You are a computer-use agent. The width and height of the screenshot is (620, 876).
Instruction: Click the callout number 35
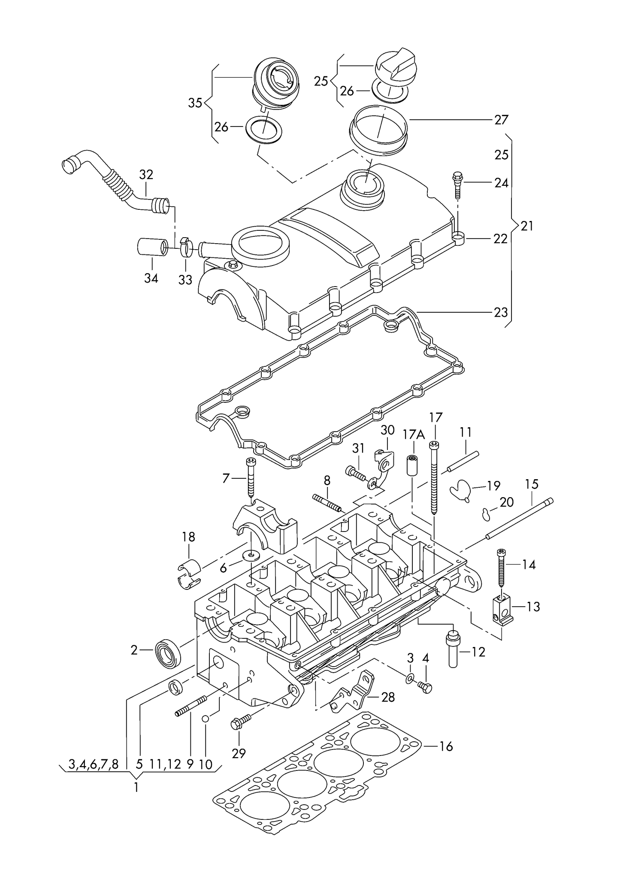[195, 103]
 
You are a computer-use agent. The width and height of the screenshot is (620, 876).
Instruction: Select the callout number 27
[501, 120]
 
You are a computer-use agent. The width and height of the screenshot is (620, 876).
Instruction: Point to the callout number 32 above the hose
[146, 175]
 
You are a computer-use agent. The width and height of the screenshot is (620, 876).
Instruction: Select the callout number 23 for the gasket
[501, 312]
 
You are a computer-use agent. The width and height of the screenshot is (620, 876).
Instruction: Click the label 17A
[414, 435]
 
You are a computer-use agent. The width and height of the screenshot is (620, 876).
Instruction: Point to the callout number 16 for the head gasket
[446, 747]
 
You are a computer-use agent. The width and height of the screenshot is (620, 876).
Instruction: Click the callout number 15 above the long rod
[531, 485]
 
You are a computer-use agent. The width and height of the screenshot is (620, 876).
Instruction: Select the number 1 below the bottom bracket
[136, 788]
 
